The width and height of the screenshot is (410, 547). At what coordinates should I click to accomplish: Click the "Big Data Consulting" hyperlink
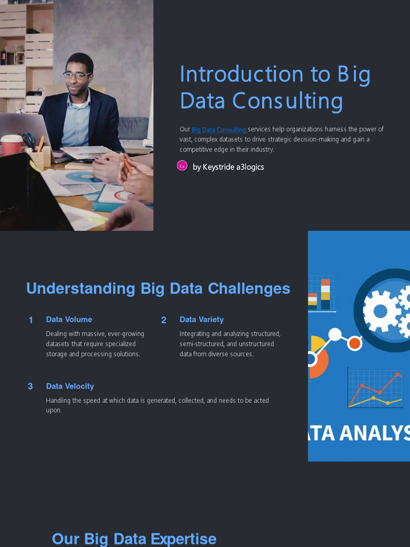coord(219,130)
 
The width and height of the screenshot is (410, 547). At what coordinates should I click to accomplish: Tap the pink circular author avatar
coord(182,166)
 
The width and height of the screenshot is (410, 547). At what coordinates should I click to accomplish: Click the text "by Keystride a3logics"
coord(228,167)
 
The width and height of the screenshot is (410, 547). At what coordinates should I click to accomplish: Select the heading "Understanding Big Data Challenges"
coord(158,288)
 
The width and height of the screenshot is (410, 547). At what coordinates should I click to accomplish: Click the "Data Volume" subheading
coord(69,319)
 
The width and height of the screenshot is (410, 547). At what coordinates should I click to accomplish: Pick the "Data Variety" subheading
coord(201,319)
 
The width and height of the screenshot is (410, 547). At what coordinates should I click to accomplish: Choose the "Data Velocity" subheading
coord(70,386)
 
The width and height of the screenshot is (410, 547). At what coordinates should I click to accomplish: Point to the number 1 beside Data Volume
coord(31,320)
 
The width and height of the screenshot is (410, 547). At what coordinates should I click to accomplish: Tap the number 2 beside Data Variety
coord(164,320)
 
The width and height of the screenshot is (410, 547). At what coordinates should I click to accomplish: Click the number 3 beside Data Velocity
coord(30,386)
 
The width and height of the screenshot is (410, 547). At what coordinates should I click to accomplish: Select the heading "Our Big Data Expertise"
coord(134,538)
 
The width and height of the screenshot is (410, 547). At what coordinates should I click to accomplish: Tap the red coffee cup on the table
coord(11,145)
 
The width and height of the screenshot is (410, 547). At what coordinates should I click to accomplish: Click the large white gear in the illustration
coord(381,310)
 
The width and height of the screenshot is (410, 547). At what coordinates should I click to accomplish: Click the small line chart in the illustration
coord(374,389)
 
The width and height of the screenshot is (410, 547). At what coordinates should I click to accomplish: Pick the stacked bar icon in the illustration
coord(320,293)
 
